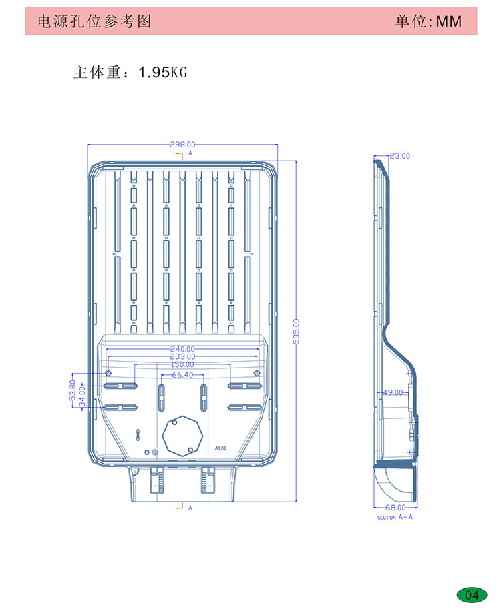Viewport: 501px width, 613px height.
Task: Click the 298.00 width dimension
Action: click(182, 145)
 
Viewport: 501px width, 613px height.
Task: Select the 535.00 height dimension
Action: click(297, 331)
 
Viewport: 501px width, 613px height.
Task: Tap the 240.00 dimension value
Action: click(182, 349)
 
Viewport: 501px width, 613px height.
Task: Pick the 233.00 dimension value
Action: click(182, 357)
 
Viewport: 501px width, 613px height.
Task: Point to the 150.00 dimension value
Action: click(182, 364)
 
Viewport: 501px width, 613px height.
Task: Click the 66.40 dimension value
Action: click(182, 375)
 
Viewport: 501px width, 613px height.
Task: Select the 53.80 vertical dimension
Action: click(72, 390)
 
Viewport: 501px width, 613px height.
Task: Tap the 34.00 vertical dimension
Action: click(81, 396)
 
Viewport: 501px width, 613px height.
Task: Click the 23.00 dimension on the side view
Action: click(400, 156)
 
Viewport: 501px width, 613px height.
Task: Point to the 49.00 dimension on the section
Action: click(393, 392)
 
